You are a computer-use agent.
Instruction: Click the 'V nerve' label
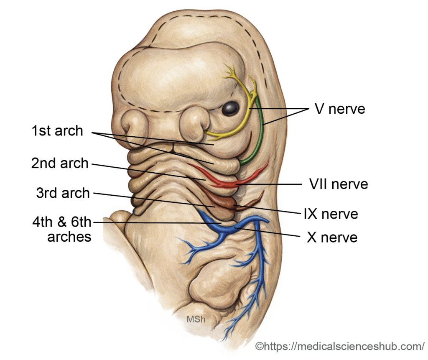(339, 109)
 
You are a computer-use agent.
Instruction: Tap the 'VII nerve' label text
(339, 184)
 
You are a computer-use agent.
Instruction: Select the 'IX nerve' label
(331, 214)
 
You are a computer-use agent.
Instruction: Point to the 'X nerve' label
(332, 237)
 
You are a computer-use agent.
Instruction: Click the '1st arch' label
(57, 131)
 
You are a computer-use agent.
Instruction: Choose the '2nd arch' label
(60, 163)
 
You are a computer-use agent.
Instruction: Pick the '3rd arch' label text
(63, 193)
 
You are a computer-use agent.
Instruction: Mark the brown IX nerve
(228, 204)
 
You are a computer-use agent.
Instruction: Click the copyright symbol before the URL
(259, 347)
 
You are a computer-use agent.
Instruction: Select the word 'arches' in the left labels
(69, 237)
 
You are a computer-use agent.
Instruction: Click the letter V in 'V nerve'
(319, 109)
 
